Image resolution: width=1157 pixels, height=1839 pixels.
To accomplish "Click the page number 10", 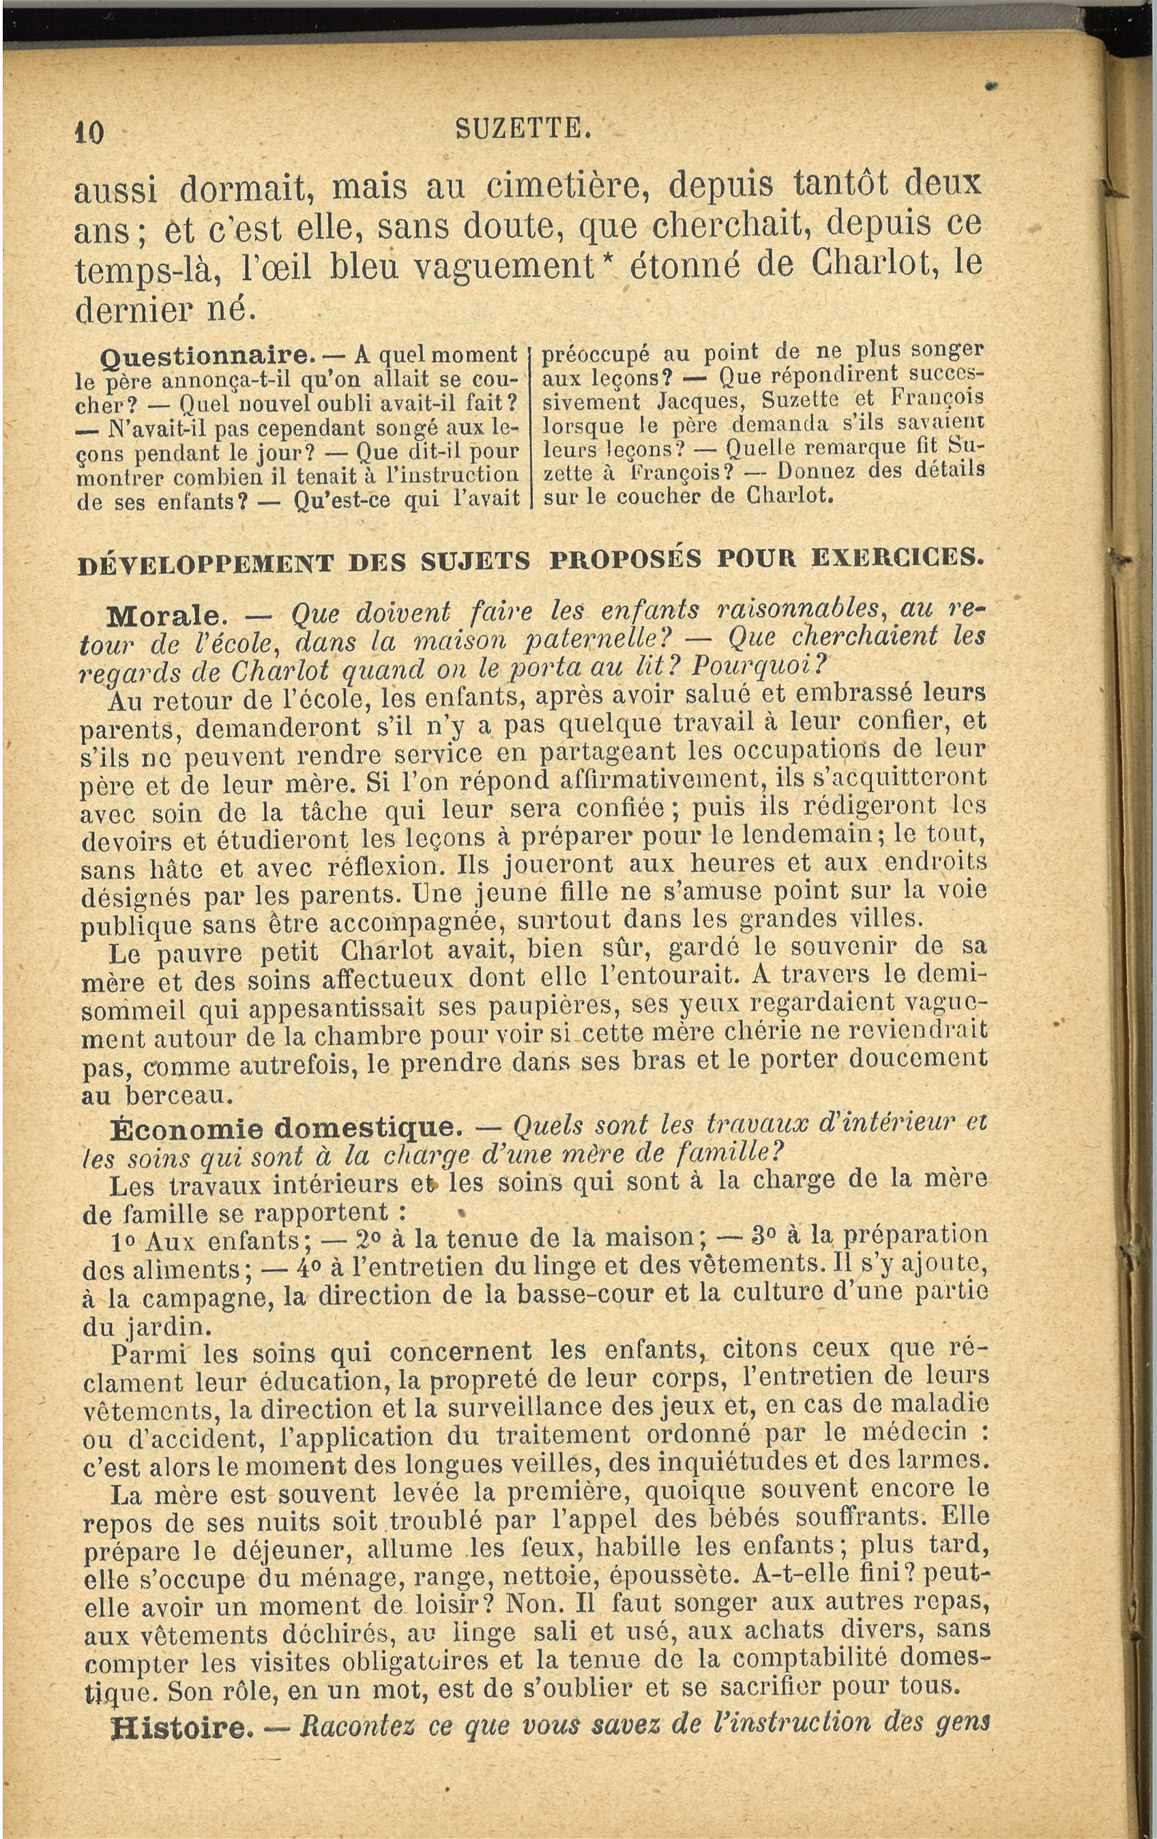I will pyautogui.click(x=89, y=133).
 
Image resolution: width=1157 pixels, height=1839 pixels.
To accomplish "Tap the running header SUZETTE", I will pyautogui.click(x=524, y=128).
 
